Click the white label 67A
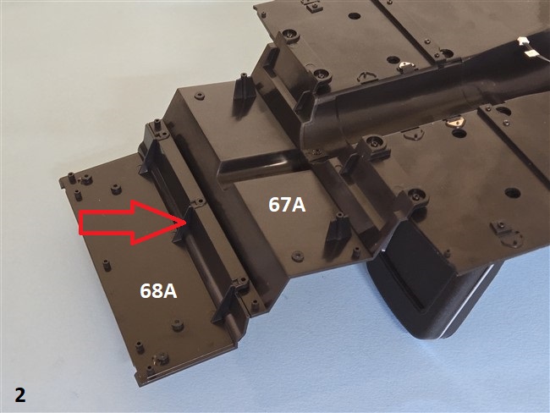[x=287, y=205]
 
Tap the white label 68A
[x=158, y=291]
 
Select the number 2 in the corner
[x=20, y=394]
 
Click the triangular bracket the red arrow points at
[x=184, y=224]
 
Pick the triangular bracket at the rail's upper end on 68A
[x=150, y=157]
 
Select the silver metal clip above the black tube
[x=406, y=66]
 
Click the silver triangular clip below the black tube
[x=455, y=123]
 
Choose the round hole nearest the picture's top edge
[x=355, y=16]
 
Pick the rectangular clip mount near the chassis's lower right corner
[x=500, y=228]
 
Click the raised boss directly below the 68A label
[x=177, y=325]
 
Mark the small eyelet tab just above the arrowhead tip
[x=200, y=201]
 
